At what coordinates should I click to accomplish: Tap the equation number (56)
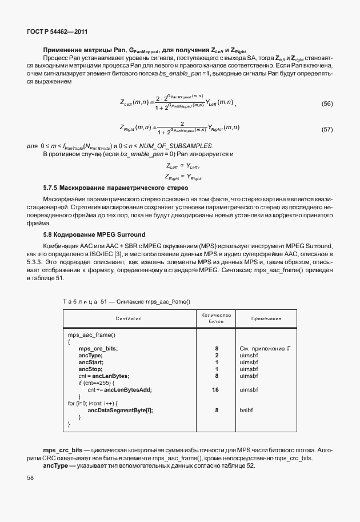click(327, 103)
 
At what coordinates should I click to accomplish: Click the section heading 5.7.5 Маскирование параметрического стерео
click(116, 188)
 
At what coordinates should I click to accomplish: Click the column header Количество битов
click(216, 318)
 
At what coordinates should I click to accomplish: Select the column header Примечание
click(266, 318)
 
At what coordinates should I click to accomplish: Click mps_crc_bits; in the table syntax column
click(98, 348)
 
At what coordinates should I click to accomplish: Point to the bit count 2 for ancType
click(217, 355)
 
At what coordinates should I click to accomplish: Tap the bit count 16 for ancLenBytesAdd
click(216, 389)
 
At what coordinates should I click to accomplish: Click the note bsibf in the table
click(246, 410)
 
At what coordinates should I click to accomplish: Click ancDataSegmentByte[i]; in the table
click(120, 410)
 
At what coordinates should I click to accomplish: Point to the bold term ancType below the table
click(55, 466)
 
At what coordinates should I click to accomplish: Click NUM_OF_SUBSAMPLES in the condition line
click(181, 146)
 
